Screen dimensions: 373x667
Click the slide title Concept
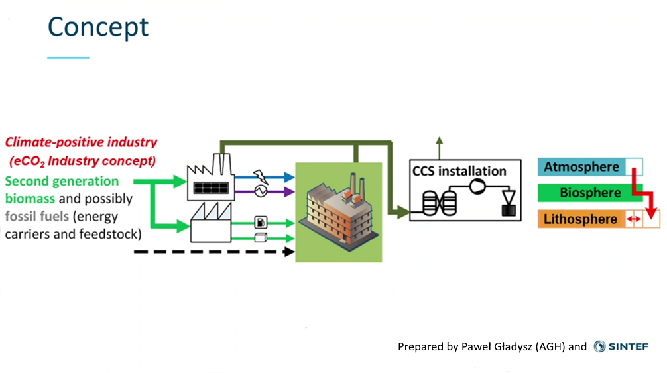click(98, 27)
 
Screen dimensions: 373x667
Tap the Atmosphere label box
click(581, 167)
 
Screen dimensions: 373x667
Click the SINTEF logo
click(621, 346)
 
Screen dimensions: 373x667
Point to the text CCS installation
click(459, 171)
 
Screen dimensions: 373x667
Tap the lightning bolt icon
click(259, 176)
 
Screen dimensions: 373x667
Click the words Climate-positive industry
click(81, 142)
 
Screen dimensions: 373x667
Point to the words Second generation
click(62, 181)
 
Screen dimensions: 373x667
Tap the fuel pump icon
click(261, 221)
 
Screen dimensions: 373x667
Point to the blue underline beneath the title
click(68, 58)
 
